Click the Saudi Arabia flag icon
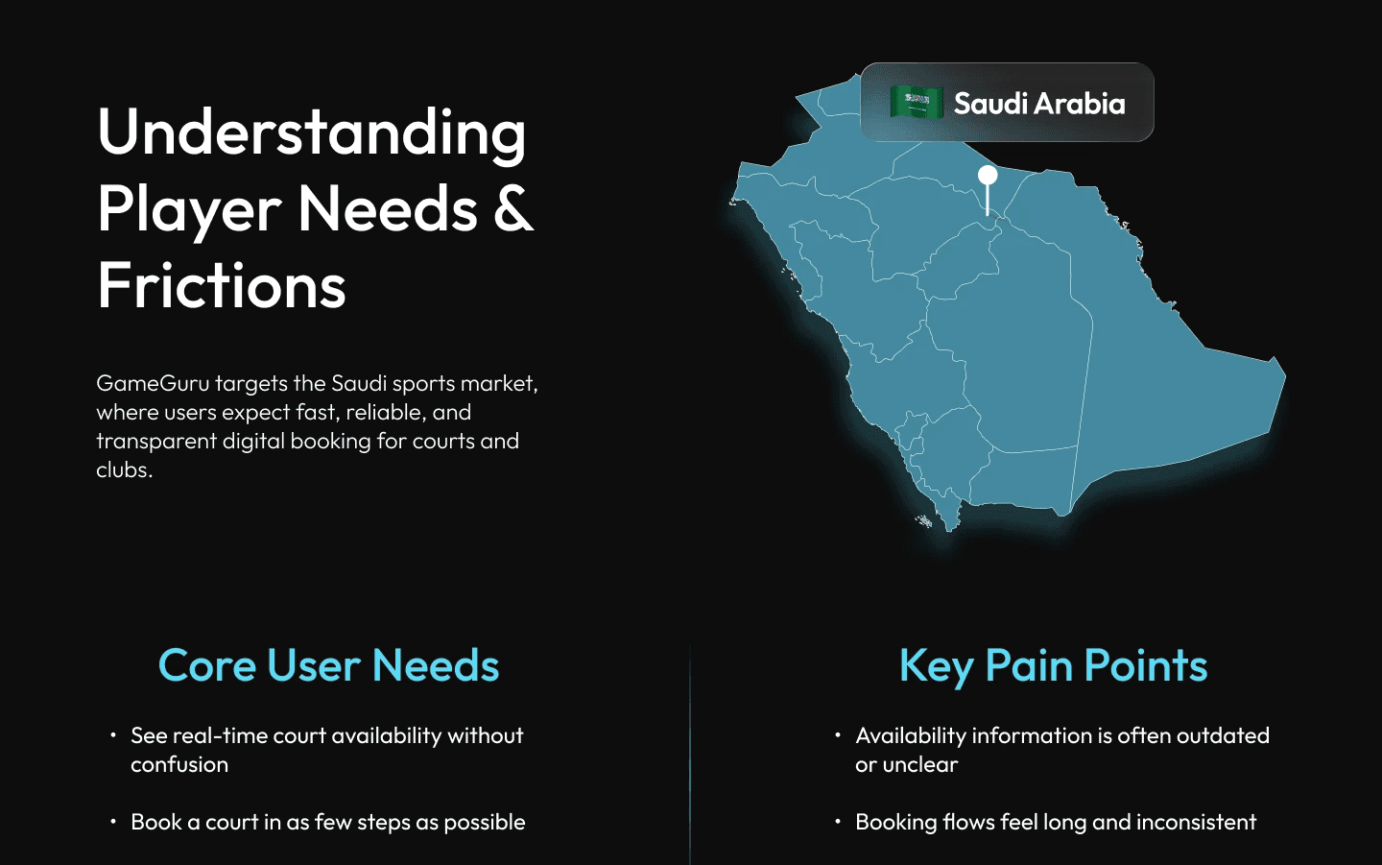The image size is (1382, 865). (917, 102)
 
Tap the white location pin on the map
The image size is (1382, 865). (988, 177)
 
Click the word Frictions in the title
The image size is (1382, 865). (222, 286)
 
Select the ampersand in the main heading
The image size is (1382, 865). (513, 209)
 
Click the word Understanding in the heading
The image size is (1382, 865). (312, 132)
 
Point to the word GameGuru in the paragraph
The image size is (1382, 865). (153, 383)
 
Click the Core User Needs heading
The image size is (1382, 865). (328, 665)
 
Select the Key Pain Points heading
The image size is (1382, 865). (1053, 665)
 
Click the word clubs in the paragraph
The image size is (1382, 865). (123, 469)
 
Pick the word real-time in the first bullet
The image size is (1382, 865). (220, 735)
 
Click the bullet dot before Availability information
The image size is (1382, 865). (838, 735)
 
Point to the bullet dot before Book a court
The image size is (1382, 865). (113, 822)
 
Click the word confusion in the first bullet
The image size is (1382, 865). (179, 764)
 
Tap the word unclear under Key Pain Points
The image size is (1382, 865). (919, 764)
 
